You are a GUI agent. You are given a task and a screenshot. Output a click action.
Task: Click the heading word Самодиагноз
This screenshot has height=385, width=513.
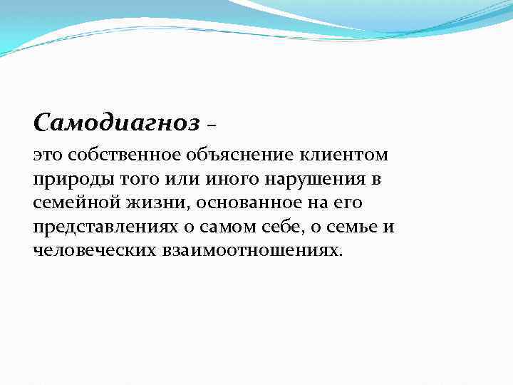116,123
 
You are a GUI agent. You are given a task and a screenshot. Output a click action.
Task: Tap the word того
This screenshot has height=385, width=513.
129,179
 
